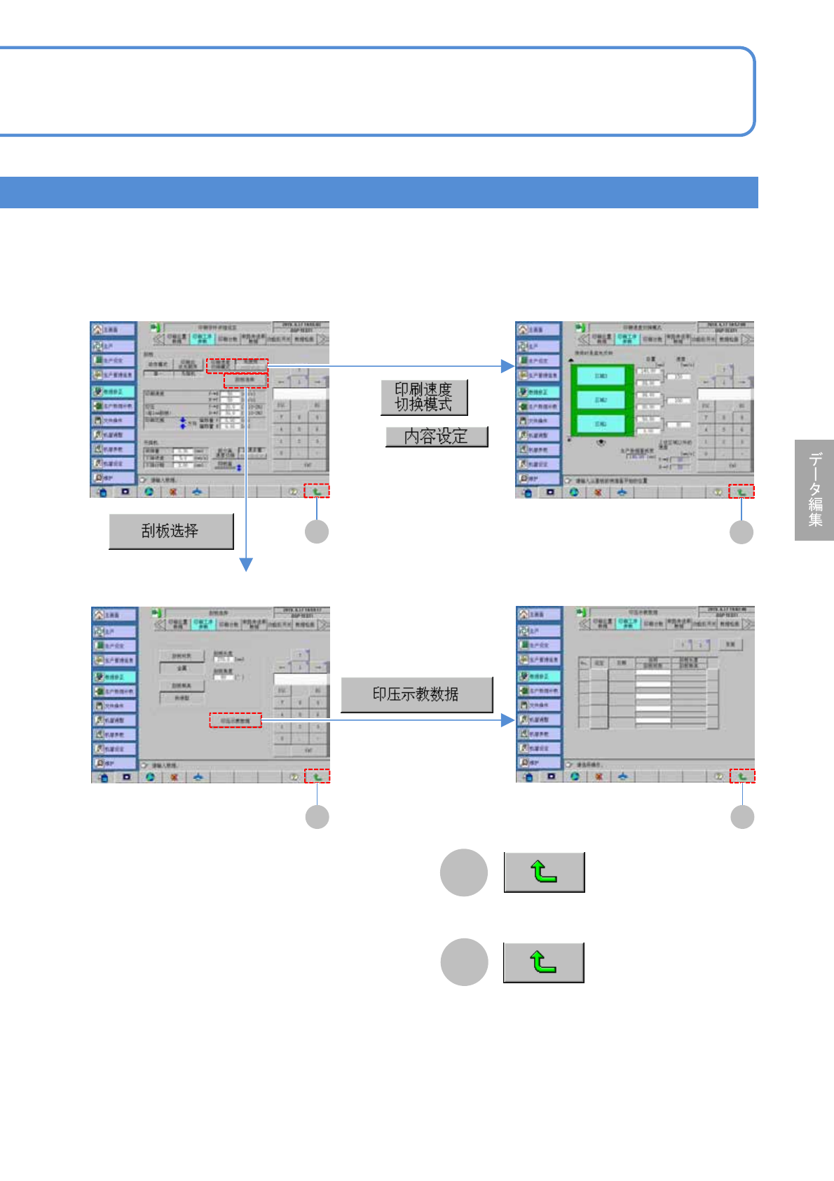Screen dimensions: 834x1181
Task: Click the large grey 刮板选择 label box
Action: point(171,531)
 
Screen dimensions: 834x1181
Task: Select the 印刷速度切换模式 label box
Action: point(424,398)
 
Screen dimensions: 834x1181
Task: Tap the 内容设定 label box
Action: point(436,436)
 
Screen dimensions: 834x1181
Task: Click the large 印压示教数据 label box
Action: point(416,694)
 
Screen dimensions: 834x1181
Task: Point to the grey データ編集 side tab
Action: point(814,490)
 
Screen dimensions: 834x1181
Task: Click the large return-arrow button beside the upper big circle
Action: point(544,872)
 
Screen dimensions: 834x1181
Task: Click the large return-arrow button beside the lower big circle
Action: point(543,962)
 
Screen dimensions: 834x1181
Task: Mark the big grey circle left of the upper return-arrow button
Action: point(463,872)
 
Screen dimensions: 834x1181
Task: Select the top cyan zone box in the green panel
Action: point(601,377)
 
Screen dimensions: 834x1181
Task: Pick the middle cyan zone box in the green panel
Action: point(601,400)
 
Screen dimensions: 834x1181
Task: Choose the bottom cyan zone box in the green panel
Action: point(601,424)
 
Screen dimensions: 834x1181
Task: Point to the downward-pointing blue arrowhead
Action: point(246,565)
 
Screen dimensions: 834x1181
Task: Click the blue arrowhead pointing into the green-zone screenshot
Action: point(508,366)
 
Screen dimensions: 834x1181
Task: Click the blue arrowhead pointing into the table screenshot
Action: point(508,720)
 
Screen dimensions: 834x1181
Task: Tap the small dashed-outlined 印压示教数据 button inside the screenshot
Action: point(235,720)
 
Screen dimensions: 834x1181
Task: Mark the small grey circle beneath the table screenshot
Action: point(742,817)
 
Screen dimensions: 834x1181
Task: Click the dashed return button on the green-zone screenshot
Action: point(741,492)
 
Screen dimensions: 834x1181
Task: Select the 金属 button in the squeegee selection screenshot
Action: point(182,668)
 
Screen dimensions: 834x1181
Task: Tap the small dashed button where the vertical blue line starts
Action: point(246,380)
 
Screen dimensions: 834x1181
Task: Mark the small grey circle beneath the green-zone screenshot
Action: point(741,532)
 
